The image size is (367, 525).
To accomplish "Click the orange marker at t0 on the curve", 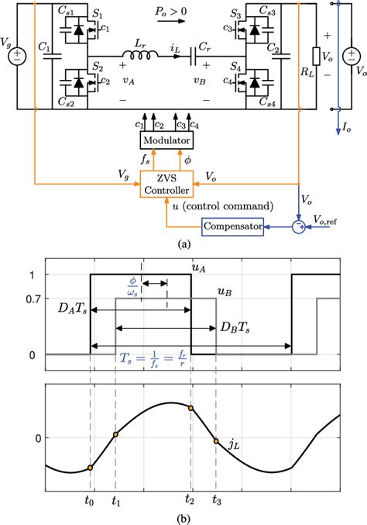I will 91,468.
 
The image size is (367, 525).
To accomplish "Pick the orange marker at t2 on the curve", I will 191,407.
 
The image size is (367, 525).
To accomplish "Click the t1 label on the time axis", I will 115,502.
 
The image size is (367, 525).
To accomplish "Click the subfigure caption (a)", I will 183,244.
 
